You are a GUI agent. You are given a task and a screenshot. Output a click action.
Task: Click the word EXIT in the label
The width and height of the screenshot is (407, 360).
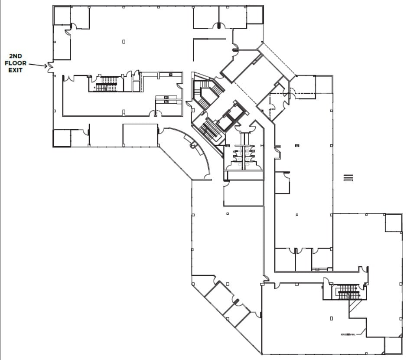[16, 70]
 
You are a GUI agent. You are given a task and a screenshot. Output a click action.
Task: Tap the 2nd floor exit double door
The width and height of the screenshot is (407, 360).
[50, 67]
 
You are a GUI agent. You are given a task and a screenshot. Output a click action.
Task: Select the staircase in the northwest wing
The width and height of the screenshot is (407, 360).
[107, 84]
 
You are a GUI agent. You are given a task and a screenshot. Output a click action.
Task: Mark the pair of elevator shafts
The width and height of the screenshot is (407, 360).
[232, 116]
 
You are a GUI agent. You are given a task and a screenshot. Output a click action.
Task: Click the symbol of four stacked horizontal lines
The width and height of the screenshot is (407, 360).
[348, 178]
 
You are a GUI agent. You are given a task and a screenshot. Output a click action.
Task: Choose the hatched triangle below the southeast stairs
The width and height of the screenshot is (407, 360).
[354, 307]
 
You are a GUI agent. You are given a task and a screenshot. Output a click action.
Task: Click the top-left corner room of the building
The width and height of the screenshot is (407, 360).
[62, 16]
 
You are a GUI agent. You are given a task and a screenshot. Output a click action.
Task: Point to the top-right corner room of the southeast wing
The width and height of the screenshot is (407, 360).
[394, 223]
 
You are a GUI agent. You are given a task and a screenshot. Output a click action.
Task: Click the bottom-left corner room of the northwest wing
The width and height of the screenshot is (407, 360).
[62, 138]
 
